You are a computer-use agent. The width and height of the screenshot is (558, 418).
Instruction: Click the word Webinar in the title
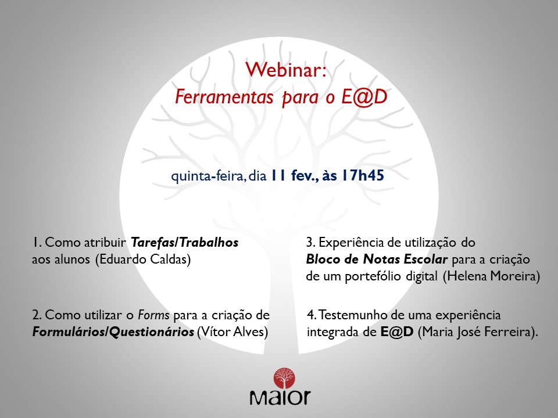pyautogui.click(x=278, y=70)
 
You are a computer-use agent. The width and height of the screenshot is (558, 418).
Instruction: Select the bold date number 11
pyautogui.click(x=277, y=175)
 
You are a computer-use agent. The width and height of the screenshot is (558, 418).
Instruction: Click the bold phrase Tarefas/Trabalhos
pyautogui.click(x=184, y=243)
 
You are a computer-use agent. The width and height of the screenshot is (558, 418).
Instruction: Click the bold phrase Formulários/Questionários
pyautogui.click(x=113, y=332)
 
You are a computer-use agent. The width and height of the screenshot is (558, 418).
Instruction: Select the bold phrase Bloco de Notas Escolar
pyautogui.click(x=376, y=259)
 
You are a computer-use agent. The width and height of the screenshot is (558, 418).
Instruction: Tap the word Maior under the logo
pyautogui.click(x=280, y=398)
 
